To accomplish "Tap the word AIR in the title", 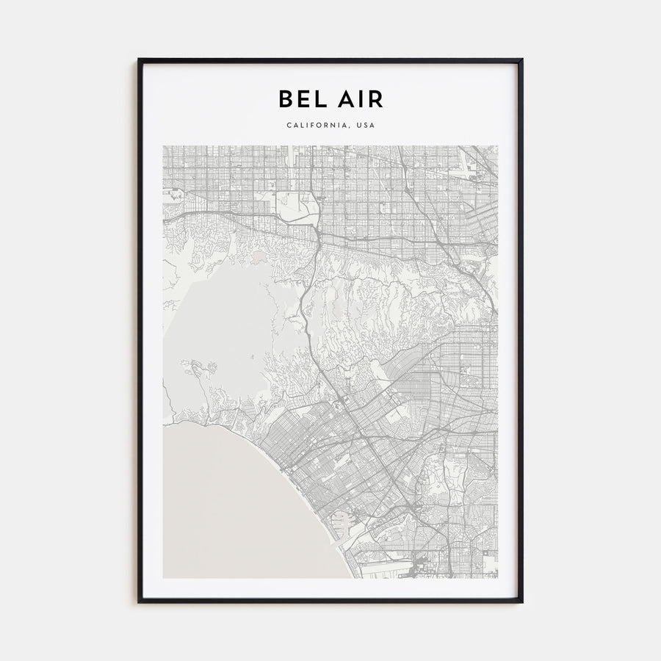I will click(x=359, y=99).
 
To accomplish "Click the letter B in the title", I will click(x=284, y=99).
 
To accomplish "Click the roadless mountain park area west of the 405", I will click(x=220, y=316).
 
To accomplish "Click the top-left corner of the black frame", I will click(x=139, y=60).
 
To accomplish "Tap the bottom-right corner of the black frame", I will click(x=521, y=602).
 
